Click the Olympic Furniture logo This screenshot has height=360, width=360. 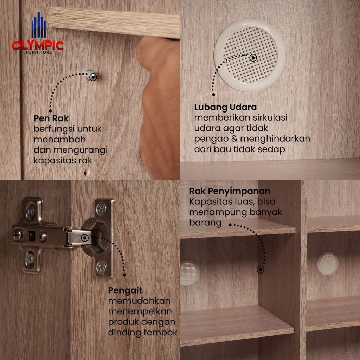(38, 33)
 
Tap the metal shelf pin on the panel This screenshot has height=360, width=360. (91, 75)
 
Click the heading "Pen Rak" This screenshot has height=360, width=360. (51, 118)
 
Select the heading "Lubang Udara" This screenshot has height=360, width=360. (225, 107)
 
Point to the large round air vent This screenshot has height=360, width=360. (250, 55)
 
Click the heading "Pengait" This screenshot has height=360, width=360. (125, 291)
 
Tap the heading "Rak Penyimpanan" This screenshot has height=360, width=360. (230, 191)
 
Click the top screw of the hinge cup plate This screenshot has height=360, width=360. (101, 208)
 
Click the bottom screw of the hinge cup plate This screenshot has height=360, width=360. (101, 267)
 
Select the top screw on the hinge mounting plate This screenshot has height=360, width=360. (30, 211)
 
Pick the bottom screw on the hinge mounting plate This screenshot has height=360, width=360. (30, 258)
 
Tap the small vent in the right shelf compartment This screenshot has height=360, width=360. (328, 263)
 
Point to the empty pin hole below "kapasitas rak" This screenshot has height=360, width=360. (87, 172)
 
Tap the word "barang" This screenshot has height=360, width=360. (205, 223)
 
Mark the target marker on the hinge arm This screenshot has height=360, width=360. (85, 238)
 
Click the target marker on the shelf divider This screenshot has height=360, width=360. (261, 270)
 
